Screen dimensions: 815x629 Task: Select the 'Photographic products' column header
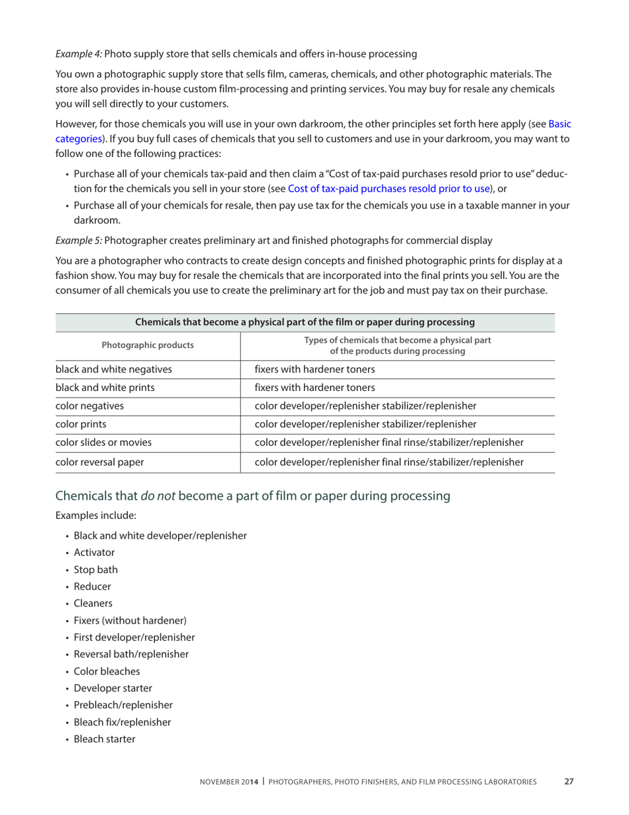pyautogui.click(x=148, y=345)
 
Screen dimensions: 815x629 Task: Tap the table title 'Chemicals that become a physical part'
pyautogui.click(x=305, y=323)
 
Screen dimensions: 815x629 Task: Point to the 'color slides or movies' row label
pyautogui.click(x=103, y=442)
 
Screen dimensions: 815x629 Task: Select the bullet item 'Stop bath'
pyautogui.click(x=96, y=569)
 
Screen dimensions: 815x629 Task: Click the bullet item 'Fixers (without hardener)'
pyautogui.click(x=130, y=620)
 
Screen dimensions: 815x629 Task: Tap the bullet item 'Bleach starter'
pyautogui.click(x=104, y=739)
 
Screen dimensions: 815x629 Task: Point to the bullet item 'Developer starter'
pyautogui.click(x=113, y=688)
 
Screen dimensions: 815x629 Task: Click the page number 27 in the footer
pyautogui.click(x=568, y=782)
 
